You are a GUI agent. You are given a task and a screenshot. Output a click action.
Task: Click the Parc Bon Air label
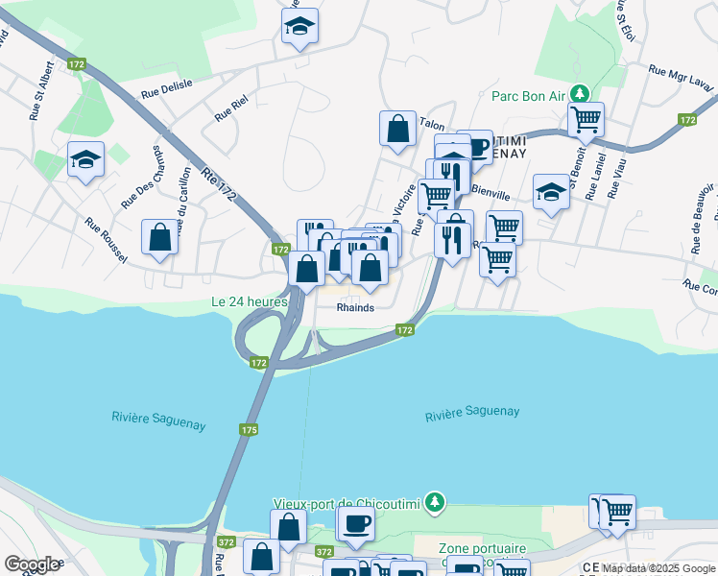click(527, 95)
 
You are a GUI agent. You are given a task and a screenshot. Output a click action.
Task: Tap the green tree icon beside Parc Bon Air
click(579, 94)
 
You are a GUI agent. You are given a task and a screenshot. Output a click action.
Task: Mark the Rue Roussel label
click(107, 235)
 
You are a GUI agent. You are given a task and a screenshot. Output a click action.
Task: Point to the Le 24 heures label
click(250, 301)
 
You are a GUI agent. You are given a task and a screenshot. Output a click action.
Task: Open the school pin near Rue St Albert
click(85, 159)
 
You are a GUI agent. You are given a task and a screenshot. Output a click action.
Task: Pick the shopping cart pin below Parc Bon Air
click(586, 120)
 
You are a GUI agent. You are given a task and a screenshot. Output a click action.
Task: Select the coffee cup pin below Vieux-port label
click(356, 523)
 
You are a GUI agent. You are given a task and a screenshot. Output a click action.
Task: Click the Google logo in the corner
click(32, 564)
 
